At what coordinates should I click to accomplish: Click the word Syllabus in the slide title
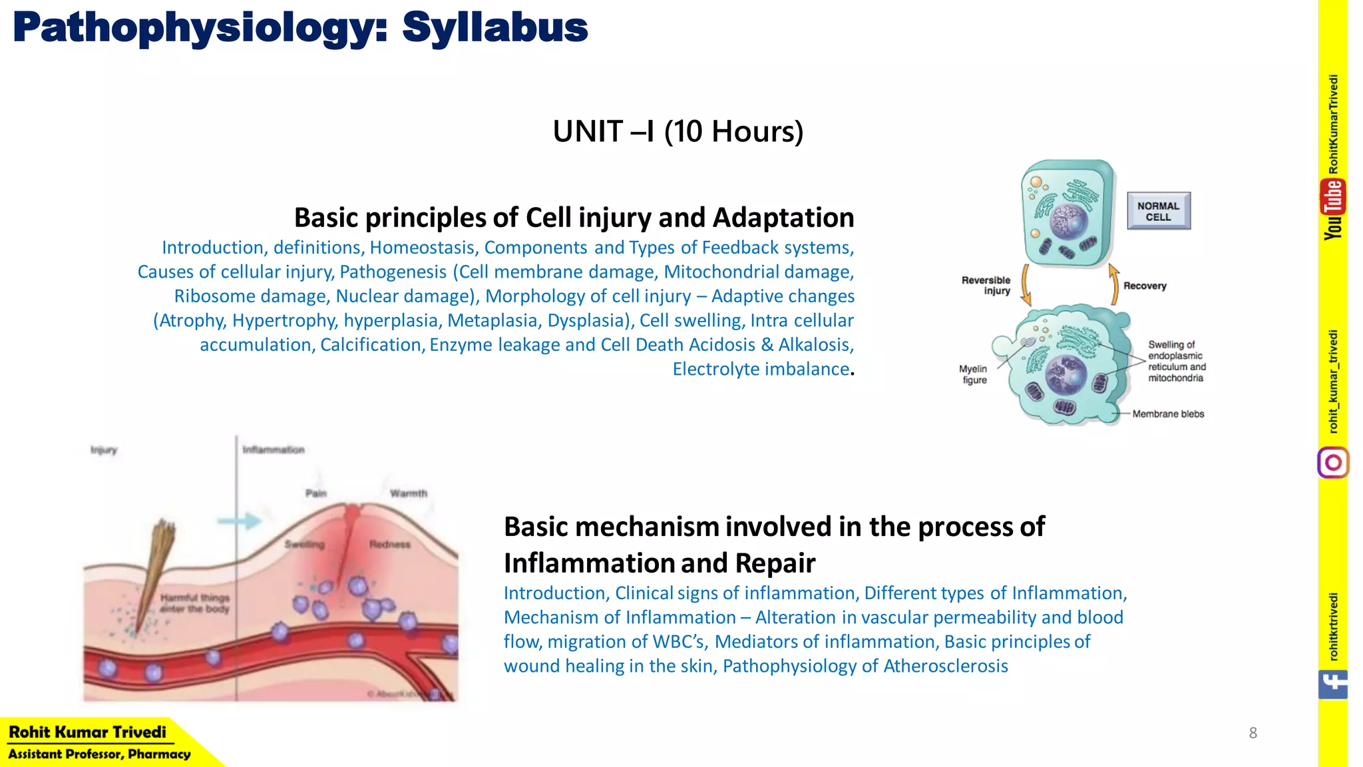pos(494,28)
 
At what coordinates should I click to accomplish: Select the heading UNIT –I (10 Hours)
pos(678,131)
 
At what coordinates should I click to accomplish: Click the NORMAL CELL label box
pos(1158,211)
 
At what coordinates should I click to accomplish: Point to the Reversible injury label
pos(986,285)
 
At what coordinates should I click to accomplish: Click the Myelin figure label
pos(974,374)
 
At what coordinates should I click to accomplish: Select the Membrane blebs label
pos(1168,413)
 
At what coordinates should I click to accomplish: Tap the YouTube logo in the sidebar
pos(1332,209)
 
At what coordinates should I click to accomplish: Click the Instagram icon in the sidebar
pos(1332,463)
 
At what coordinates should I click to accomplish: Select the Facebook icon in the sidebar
pos(1332,684)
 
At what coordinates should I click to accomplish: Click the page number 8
pos(1253,733)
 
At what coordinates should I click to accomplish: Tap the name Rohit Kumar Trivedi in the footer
pos(87,732)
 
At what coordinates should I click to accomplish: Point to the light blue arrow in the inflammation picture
pos(239,521)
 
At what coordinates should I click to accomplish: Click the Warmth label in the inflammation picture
pos(408,493)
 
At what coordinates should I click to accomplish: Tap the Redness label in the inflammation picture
pos(390,544)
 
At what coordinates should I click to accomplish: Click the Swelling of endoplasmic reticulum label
pos(1176,361)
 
